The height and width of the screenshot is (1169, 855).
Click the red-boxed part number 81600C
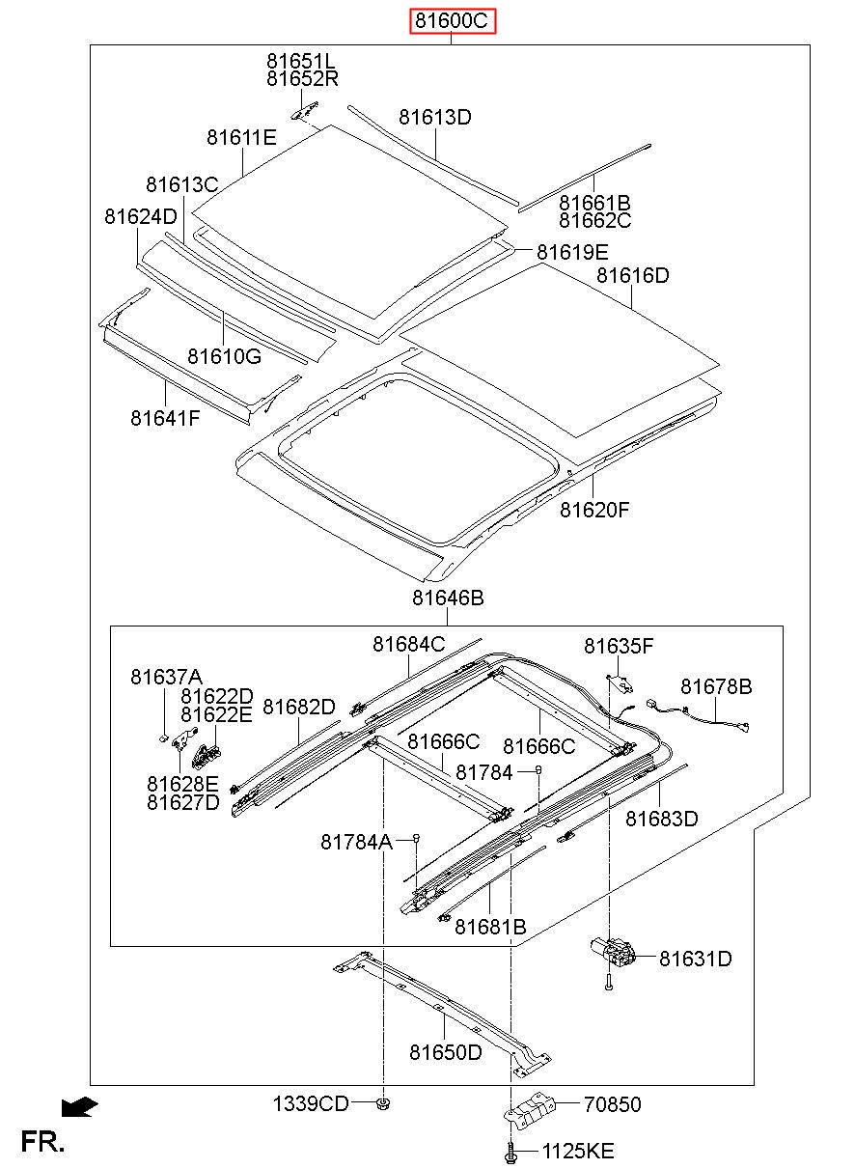pos(452,21)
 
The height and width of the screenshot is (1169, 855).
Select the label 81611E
pos(241,137)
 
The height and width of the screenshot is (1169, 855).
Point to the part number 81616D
pos(632,275)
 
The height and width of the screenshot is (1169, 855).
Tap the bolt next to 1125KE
pos(510,1151)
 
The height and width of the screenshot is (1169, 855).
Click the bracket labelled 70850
pos(530,1110)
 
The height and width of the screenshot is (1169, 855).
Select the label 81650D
pos(446,1052)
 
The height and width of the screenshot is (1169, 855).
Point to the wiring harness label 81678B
pos(716,686)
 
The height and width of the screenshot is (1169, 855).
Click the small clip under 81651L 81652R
pos(305,111)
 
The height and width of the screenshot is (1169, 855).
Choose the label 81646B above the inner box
pos(448,598)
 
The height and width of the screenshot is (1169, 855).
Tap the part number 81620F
pos(594,510)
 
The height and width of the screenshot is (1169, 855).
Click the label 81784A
pos(356,842)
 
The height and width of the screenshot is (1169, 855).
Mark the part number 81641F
pos(165,417)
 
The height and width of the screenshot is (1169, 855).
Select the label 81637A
pos(166,677)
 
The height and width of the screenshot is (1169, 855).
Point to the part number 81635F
pos(619,646)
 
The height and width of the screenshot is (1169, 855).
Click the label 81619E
pos(572,252)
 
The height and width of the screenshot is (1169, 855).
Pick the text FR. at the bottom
pos(42,1141)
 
